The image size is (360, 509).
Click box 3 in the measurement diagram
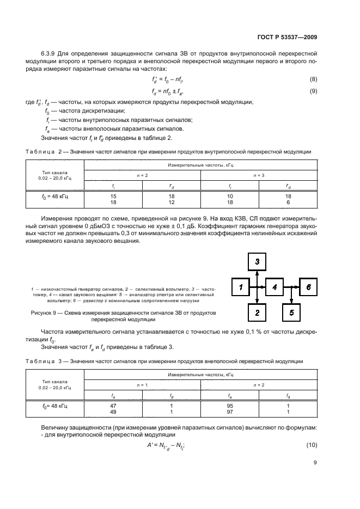257,262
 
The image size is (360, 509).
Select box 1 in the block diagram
240,286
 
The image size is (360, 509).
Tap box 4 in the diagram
274,286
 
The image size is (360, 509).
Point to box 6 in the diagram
308,286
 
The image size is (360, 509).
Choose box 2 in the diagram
257,312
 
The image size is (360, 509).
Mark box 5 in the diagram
291,312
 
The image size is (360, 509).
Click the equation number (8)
313,79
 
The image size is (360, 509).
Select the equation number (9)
313,91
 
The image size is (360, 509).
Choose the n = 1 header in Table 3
142,384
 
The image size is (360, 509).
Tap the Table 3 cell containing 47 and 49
113,409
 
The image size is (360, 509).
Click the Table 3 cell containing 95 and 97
229,409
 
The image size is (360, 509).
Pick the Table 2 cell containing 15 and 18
113,199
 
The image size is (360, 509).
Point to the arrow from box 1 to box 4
257,286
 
